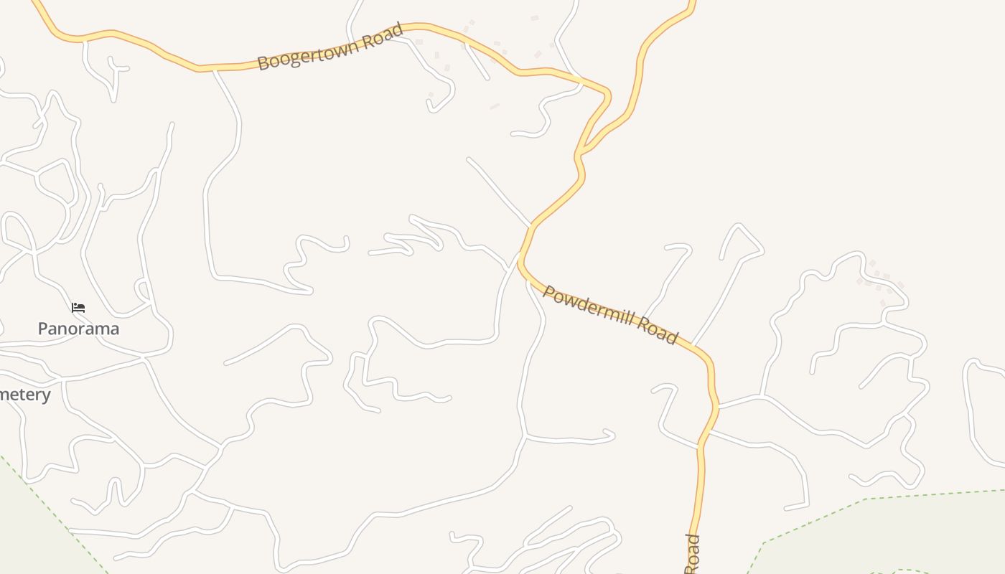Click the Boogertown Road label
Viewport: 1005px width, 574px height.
pyautogui.click(x=330, y=47)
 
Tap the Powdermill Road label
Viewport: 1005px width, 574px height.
pyautogui.click(x=610, y=314)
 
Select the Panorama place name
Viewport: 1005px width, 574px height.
pyautogui.click(x=78, y=329)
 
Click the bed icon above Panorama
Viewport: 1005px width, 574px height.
pyautogui.click(x=78, y=308)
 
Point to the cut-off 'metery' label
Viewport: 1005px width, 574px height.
pyautogui.click(x=25, y=395)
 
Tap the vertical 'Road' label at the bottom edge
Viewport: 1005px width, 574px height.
pyautogui.click(x=692, y=554)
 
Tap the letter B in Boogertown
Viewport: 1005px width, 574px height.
pyautogui.click(x=263, y=64)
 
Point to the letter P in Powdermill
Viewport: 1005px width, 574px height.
pyautogui.click(x=549, y=292)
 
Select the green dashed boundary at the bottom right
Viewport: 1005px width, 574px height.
pyautogui.click(x=861, y=500)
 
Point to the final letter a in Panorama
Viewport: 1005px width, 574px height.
pyautogui.click(x=113, y=329)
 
